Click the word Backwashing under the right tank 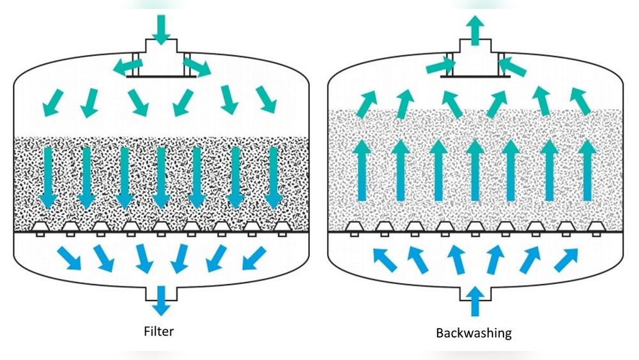point(473,333)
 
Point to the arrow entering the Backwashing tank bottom point(474,301)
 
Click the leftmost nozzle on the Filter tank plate point(40,228)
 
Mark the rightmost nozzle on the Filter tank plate point(282,228)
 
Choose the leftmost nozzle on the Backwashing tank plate point(353,228)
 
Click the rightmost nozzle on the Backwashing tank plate point(596,228)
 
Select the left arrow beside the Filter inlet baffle point(127,64)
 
